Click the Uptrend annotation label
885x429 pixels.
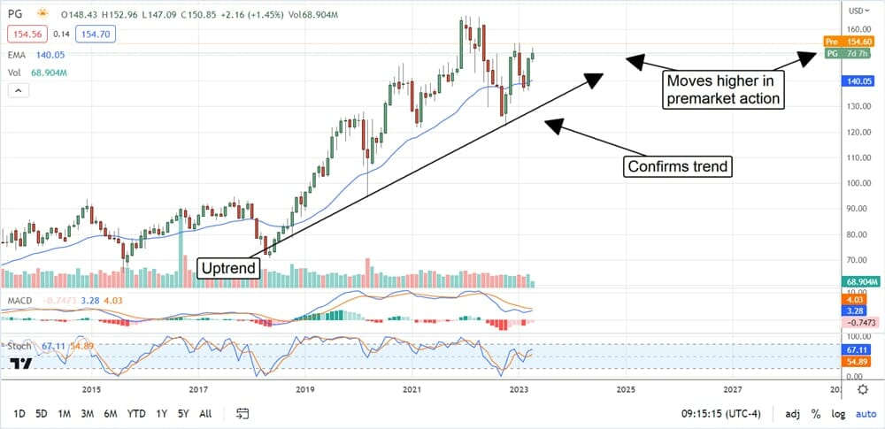[228, 267]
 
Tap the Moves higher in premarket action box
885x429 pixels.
[723, 89]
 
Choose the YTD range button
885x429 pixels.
[135, 413]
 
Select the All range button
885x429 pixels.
[204, 413]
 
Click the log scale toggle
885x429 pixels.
[836, 413]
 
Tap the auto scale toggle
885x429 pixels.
[864, 413]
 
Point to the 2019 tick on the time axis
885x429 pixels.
[305, 389]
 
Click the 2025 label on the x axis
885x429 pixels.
[625, 389]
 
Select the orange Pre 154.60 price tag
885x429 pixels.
[851, 42]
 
